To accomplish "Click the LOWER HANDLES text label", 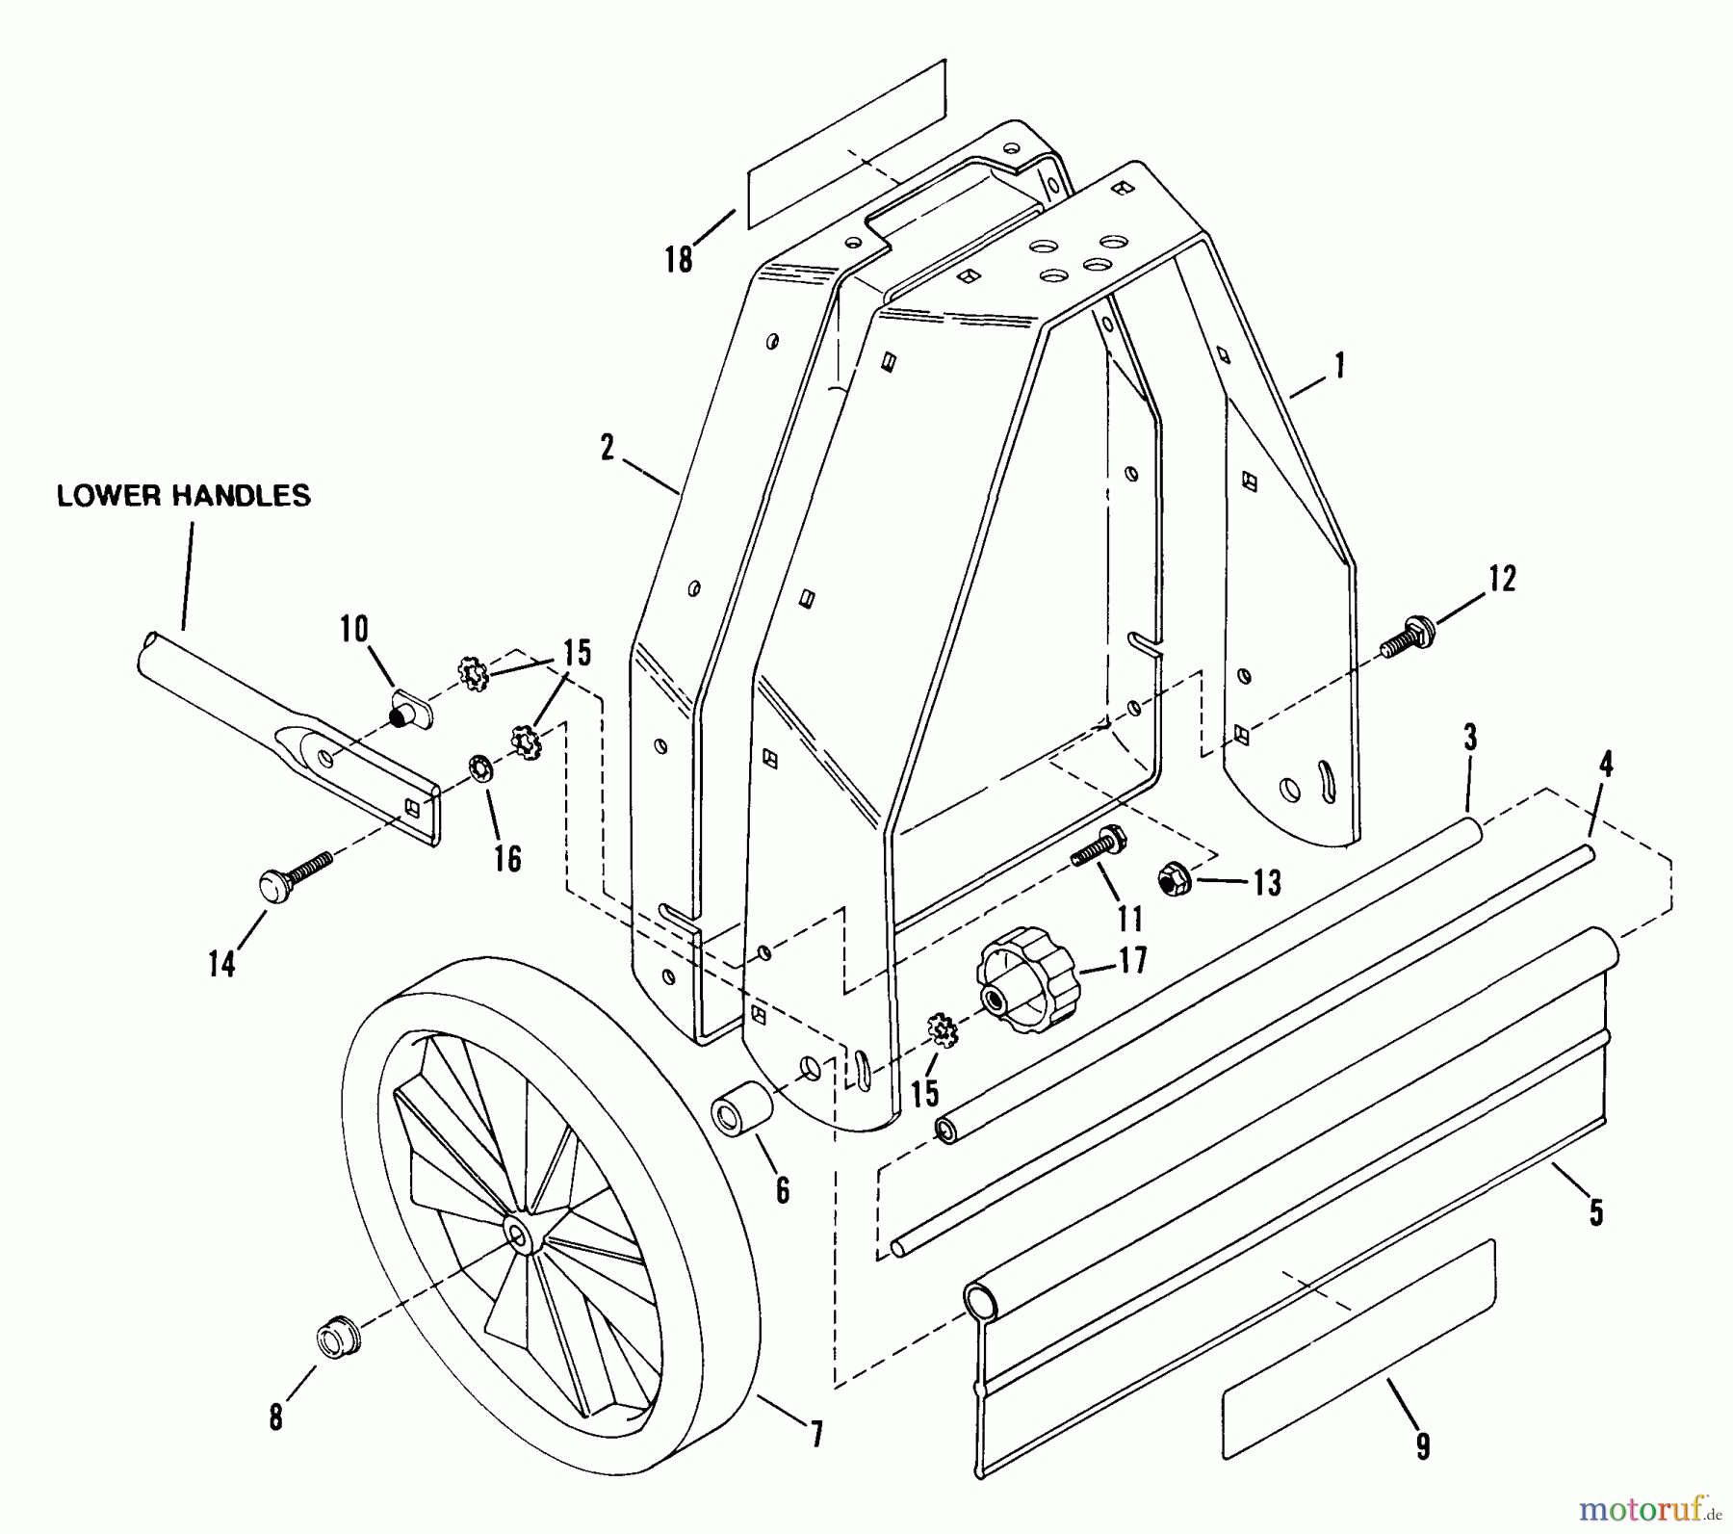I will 184,496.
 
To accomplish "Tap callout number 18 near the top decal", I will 679,259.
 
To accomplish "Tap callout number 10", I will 353,630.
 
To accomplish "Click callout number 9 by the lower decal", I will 1422,1446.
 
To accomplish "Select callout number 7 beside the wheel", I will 816,1435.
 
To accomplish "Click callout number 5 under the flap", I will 1596,1212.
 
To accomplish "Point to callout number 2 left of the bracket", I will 607,448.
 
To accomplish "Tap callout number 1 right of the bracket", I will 1339,366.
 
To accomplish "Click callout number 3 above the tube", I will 1469,740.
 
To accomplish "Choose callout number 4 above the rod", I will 1605,765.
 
